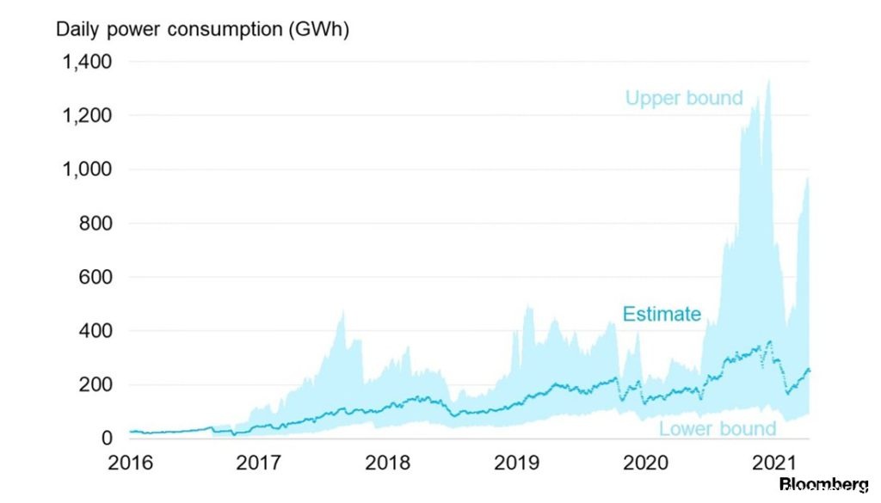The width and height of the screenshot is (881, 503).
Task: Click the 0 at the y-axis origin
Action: tap(107, 439)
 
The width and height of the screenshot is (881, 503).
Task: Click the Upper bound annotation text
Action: tap(684, 98)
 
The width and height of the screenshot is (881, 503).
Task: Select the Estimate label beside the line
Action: tap(662, 314)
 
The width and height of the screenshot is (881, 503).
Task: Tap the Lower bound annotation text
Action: tap(718, 428)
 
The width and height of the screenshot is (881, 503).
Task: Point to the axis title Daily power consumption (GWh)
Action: tap(202, 28)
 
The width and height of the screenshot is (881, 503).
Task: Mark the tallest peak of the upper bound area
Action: tap(767, 81)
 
